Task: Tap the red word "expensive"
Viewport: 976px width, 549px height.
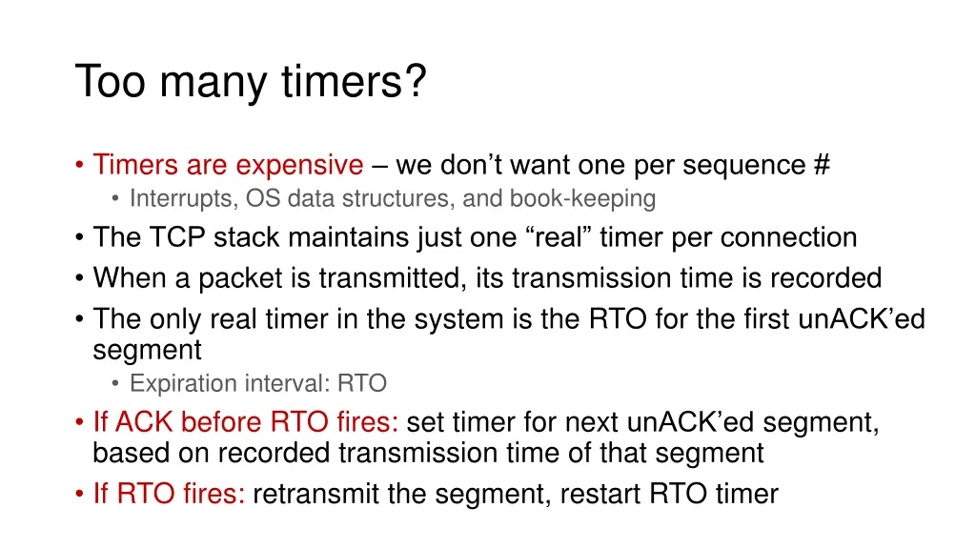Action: (299, 165)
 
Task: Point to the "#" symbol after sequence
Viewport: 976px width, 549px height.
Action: (822, 165)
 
